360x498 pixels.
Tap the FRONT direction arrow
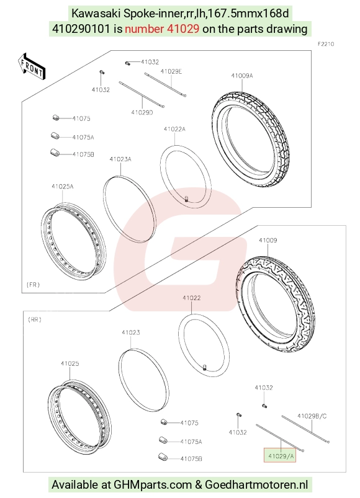click(x=32, y=67)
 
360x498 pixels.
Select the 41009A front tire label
click(x=242, y=76)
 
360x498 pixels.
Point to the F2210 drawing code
click(x=326, y=44)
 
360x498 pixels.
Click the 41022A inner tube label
click(x=174, y=129)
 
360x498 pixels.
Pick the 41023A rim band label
click(x=120, y=159)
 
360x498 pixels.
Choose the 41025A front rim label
click(x=63, y=187)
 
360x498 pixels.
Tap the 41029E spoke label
click(x=171, y=71)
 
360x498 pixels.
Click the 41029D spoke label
click(x=142, y=112)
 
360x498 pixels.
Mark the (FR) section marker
click(x=33, y=285)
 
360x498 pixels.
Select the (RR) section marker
click(x=35, y=319)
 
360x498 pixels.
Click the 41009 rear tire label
click(x=268, y=241)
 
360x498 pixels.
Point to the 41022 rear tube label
click(x=192, y=298)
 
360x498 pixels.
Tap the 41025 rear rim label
click(x=70, y=363)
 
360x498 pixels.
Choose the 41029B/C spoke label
click(x=312, y=416)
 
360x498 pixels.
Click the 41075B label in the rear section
click(x=191, y=458)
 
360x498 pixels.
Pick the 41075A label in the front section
click(x=83, y=137)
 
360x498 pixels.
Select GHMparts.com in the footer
click(x=153, y=484)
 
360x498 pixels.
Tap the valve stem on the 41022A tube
click(x=186, y=199)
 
